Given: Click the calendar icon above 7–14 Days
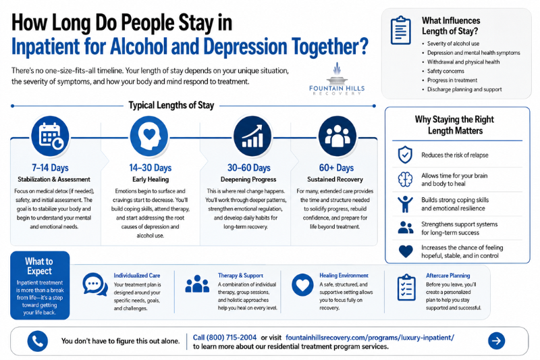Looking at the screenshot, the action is coord(50,136).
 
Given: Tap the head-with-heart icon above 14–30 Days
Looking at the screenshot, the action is coord(149,136).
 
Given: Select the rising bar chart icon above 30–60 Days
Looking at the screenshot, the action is coord(252,136).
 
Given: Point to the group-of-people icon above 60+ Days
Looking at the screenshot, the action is coord(337,136).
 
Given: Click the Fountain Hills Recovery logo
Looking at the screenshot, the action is coord(337,79).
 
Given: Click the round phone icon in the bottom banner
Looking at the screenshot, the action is coord(38,341).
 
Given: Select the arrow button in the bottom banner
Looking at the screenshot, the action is coord(496,340).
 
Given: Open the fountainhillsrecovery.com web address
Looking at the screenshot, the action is coord(370,338).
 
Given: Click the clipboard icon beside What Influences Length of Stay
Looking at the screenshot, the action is coord(401,30).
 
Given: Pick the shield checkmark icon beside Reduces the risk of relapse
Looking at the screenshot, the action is coord(405,155).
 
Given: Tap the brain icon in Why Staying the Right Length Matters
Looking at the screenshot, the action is coord(406,180).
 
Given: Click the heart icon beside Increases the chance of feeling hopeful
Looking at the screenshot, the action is coord(406,251).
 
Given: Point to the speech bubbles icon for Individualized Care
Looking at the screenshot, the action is coord(94,284).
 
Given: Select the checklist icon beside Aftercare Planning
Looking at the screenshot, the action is coord(406,288).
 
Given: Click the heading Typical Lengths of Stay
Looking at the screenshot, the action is coord(171,105).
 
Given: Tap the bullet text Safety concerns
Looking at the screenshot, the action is coord(446,72).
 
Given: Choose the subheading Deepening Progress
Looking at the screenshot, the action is coord(248,180).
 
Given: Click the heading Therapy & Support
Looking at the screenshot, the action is coord(240,276).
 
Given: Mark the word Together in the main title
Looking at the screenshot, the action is coord(330,47).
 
